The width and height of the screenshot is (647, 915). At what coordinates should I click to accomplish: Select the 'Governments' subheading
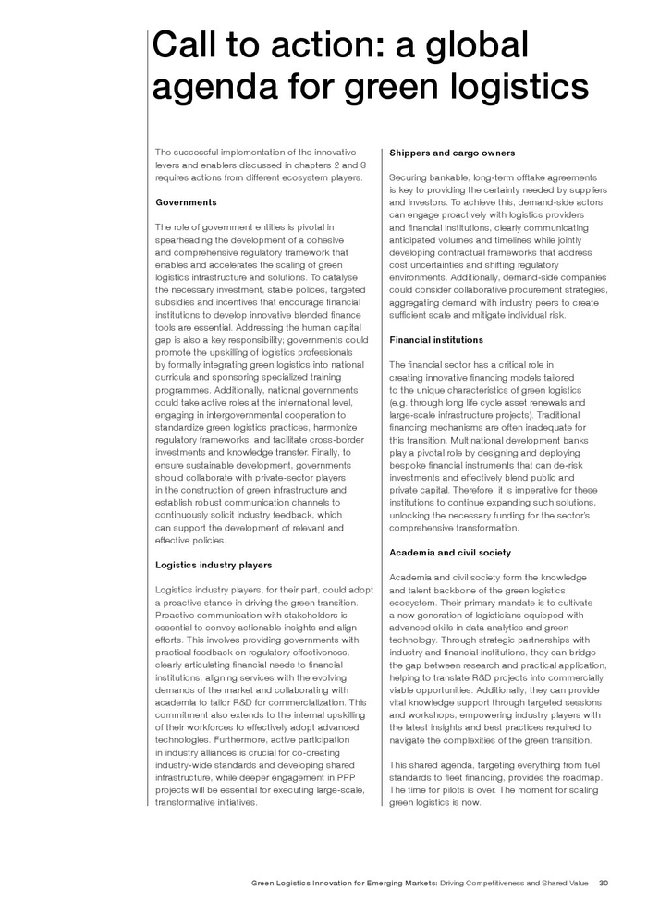(x=186, y=201)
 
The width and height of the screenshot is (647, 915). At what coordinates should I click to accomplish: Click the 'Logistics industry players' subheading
(x=213, y=564)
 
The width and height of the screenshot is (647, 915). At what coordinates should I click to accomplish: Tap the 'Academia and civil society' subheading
(x=450, y=552)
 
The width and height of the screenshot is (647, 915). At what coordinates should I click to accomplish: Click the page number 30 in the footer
(x=604, y=883)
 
